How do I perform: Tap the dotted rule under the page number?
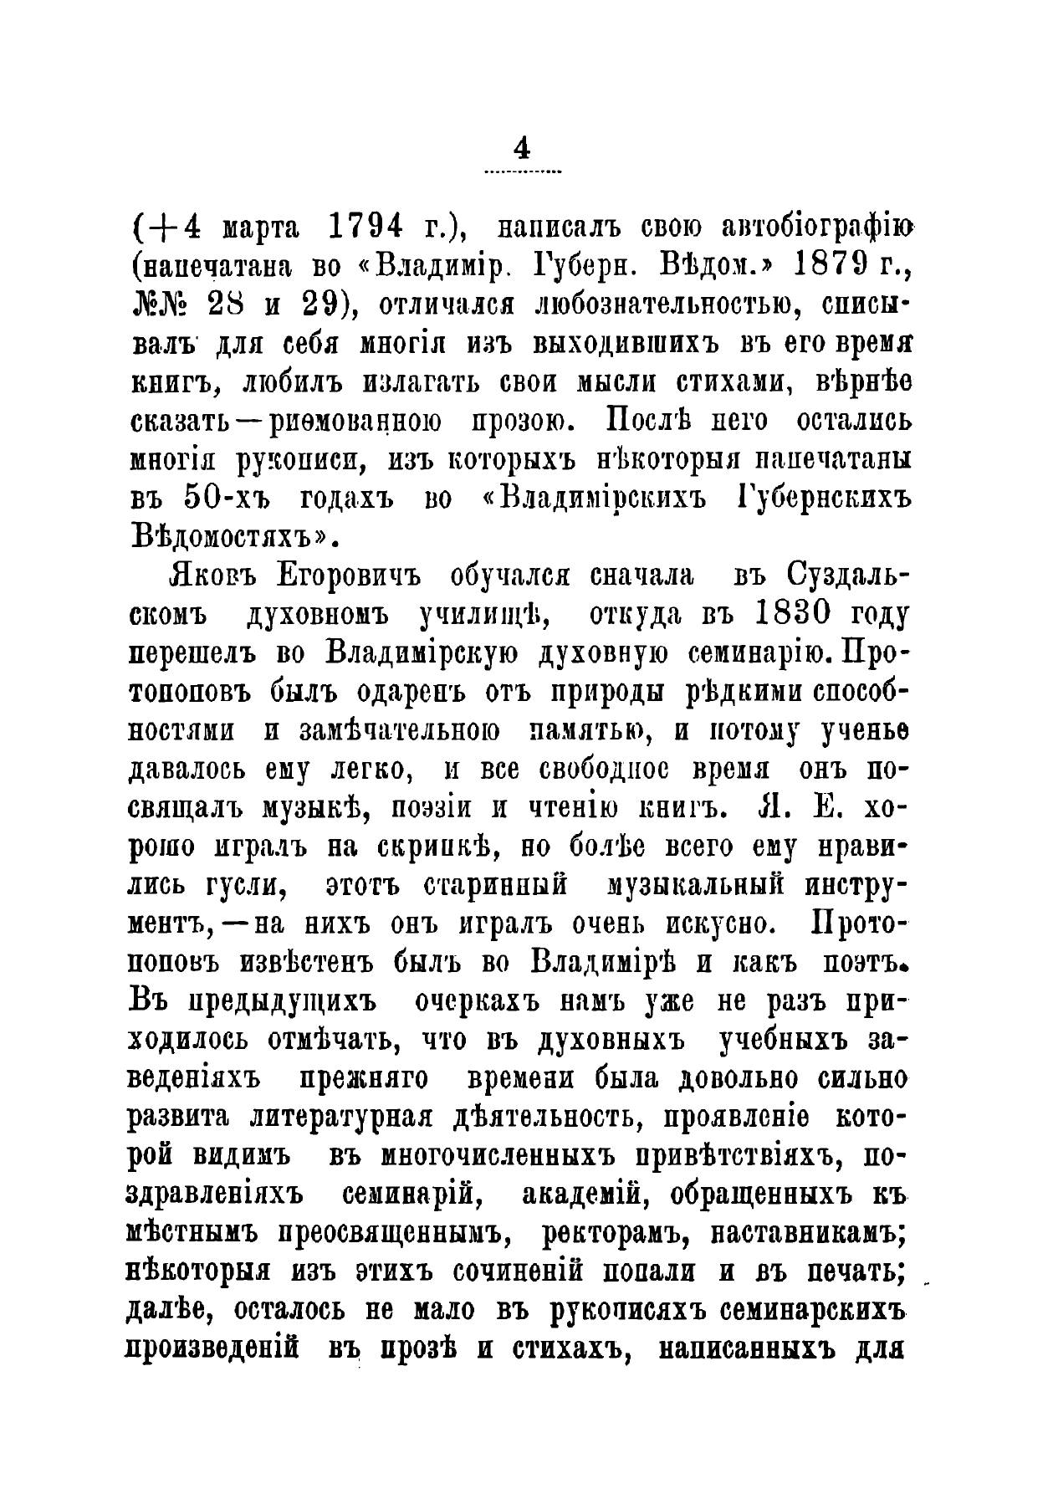[523, 171]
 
